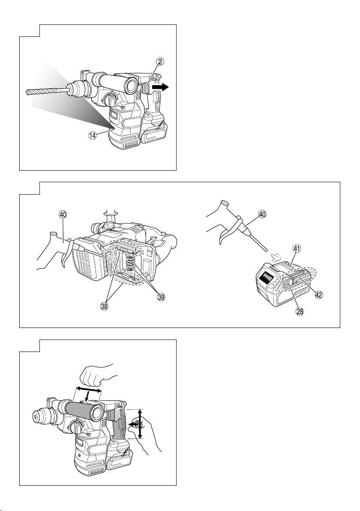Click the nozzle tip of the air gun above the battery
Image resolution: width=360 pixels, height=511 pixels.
pyautogui.click(x=267, y=250)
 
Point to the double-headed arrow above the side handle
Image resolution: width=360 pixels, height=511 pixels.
pyautogui.click(x=89, y=390)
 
